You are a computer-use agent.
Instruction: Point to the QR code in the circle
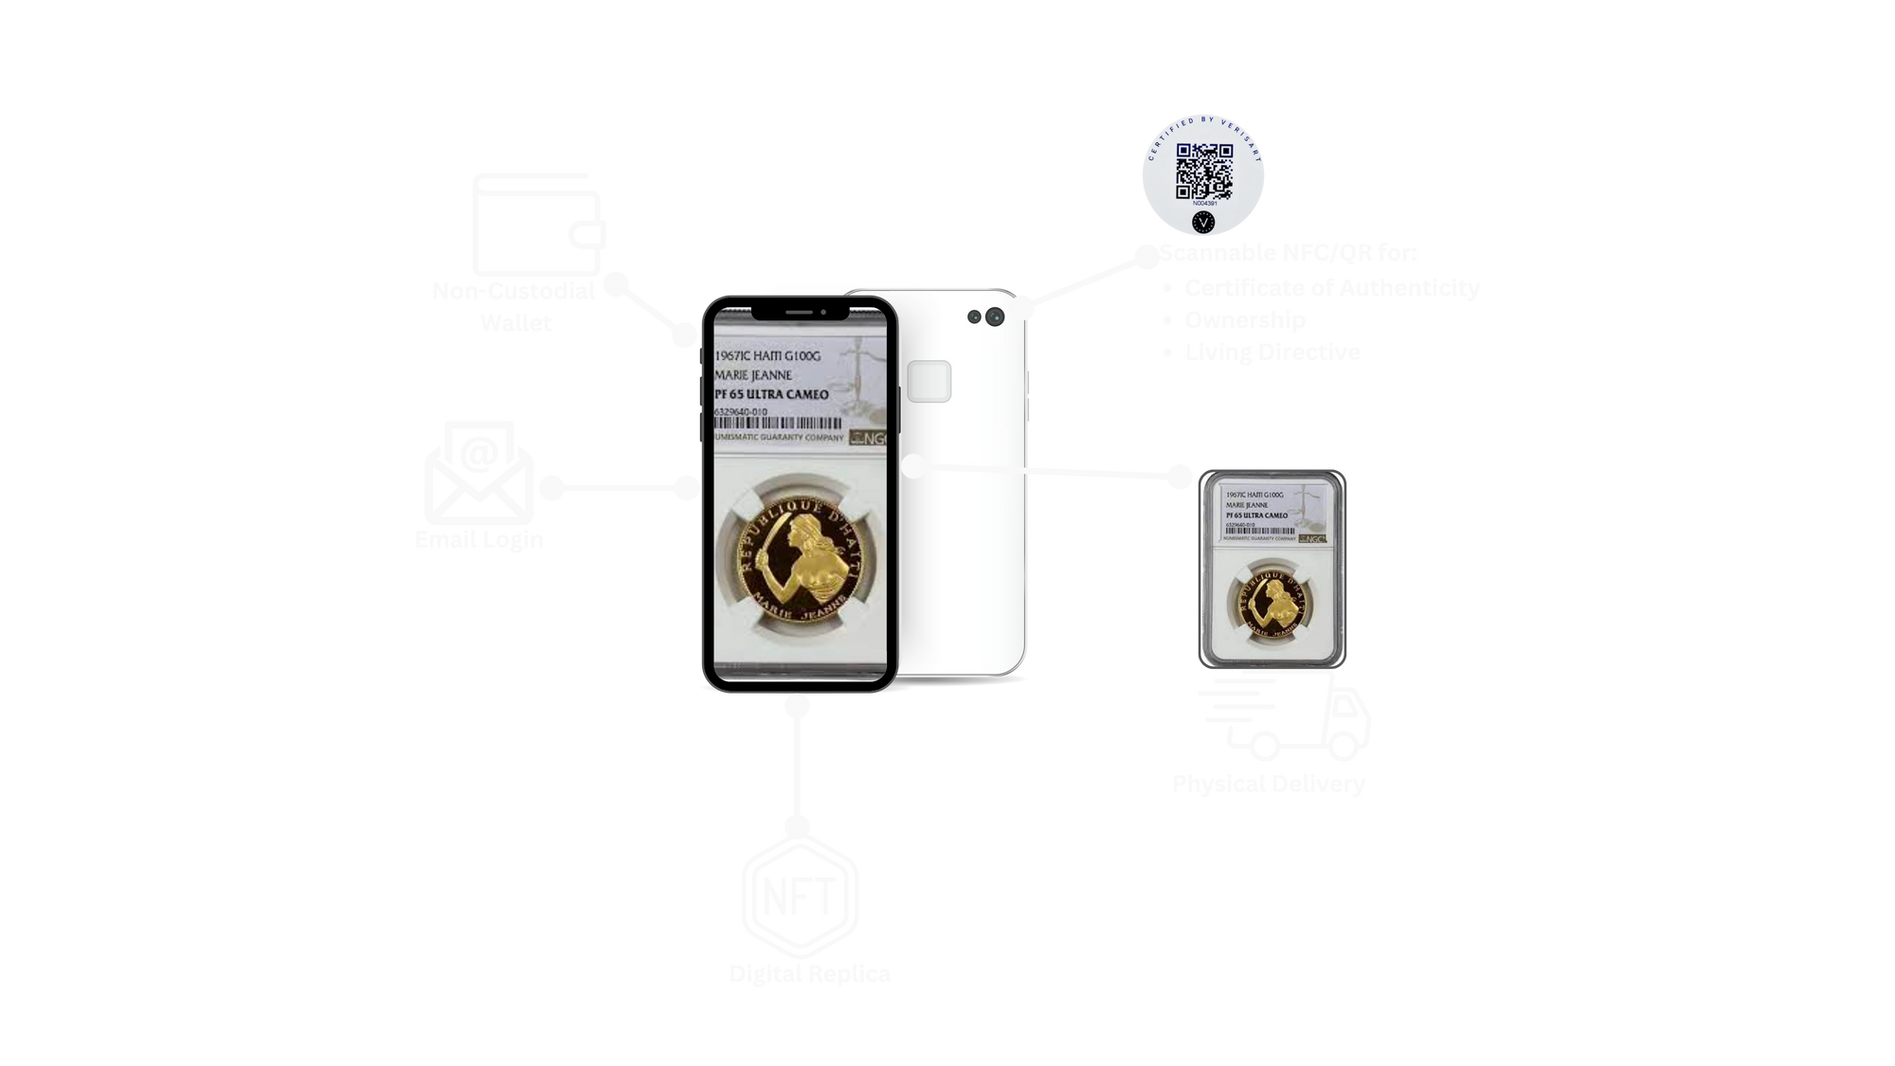[x=1203, y=172]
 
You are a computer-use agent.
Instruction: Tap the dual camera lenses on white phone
[x=984, y=316]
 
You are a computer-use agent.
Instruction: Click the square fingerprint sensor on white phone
[x=929, y=382]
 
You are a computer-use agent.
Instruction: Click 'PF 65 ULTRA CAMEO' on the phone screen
[x=772, y=394]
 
